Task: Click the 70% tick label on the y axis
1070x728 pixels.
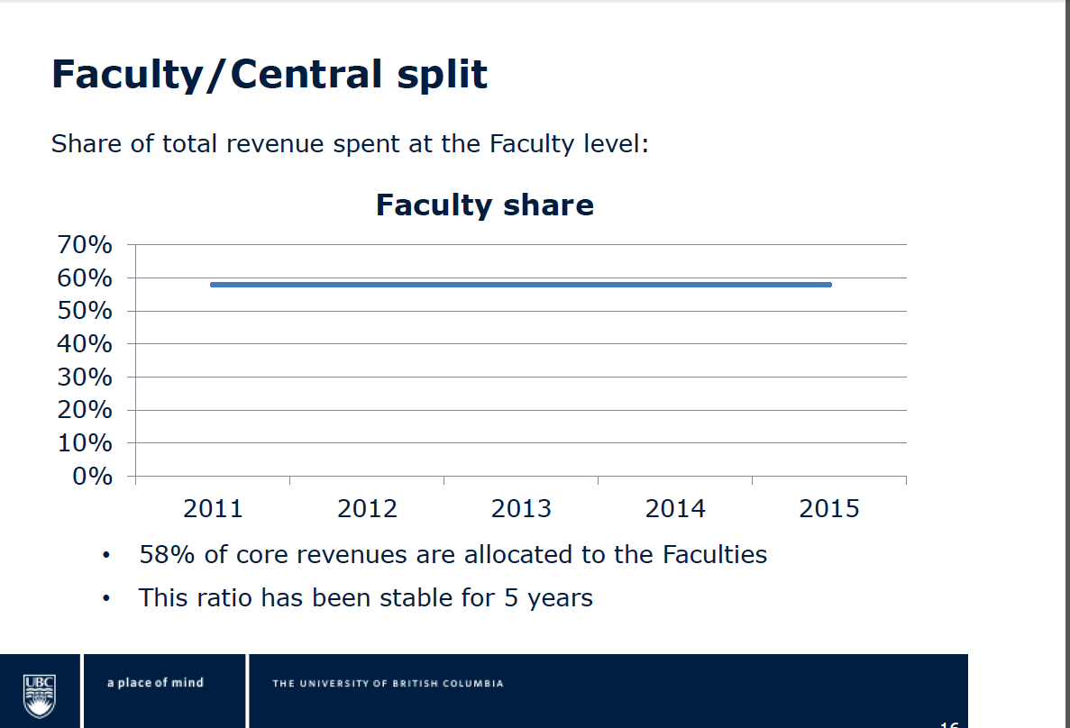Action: pos(85,245)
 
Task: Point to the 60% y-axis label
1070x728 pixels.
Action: pos(85,278)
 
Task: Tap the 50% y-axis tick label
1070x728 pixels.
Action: pos(85,312)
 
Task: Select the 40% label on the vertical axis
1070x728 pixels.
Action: pos(85,344)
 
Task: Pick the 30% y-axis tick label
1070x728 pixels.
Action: pos(85,378)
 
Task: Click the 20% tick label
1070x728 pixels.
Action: pos(85,410)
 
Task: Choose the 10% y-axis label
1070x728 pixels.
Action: pos(85,443)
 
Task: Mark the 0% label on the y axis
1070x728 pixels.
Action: pos(92,477)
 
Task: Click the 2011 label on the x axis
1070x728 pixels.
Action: pos(213,509)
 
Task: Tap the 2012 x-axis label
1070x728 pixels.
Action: pos(367,509)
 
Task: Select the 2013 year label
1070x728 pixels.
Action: pos(521,509)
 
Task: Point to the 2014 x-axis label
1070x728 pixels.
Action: pos(675,509)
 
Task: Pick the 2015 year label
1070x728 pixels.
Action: pos(829,509)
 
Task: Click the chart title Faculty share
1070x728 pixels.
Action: pos(485,205)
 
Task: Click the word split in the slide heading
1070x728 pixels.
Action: pos(442,75)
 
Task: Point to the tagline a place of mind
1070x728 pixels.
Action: pos(155,683)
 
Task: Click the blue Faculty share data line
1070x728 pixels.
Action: pos(521,285)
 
